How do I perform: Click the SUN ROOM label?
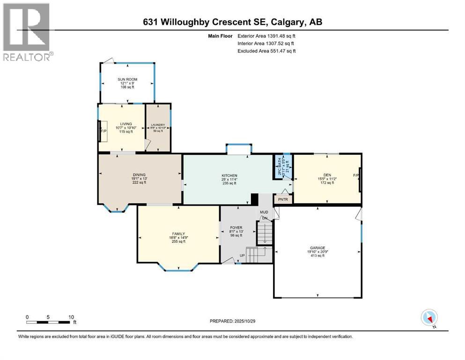(124, 79)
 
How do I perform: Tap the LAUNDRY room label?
(157, 125)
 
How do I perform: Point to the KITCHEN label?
(229, 176)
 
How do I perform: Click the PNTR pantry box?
(283, 199)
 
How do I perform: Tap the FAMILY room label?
(178, 233)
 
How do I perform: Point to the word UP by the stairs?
(242, 256)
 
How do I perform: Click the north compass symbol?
(429, 318)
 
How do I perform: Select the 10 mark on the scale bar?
(71, 317)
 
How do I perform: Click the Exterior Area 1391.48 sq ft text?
(266, 36)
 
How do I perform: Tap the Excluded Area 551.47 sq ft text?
(266, 51)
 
